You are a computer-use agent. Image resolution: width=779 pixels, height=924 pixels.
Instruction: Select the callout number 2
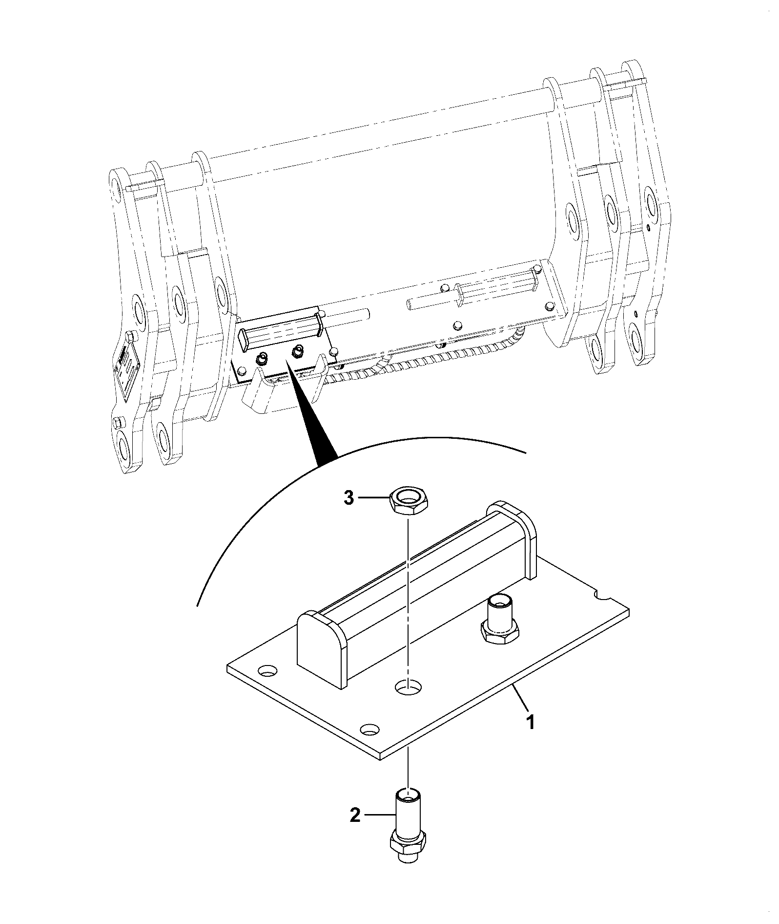pos(356,815)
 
